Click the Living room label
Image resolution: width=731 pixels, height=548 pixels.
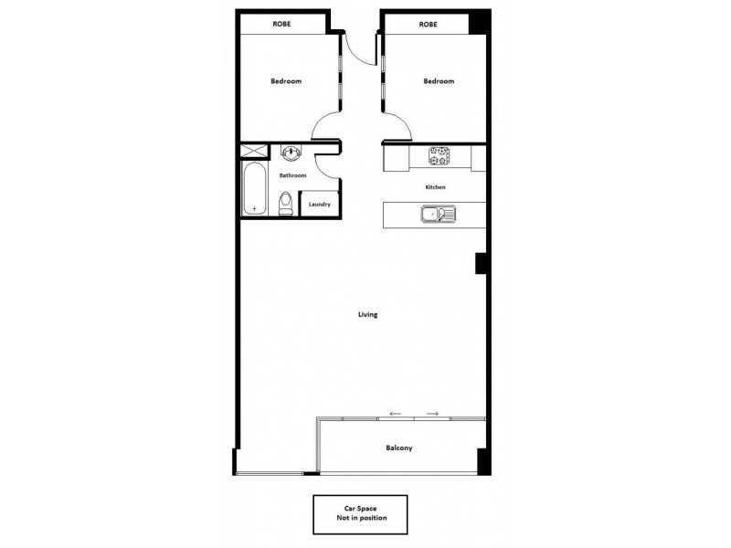tap(368, 314)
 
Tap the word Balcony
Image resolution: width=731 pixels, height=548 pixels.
tap(398, 448)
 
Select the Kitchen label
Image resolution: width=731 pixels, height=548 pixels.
tap(435, 187)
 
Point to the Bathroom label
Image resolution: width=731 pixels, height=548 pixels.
tap(292, 174)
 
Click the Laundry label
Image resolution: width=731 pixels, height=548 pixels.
tap(320, 205)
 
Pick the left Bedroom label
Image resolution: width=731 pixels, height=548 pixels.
tap(286, 81)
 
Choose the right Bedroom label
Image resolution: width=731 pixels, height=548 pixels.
tap(439, 81)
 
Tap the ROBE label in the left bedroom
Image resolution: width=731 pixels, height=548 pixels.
tap(281, 24)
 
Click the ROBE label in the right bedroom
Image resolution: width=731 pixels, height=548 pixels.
tap(428, 24)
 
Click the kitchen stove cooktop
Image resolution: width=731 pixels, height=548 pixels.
tap(440, 158)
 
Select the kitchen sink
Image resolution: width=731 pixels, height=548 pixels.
tap(436, 216)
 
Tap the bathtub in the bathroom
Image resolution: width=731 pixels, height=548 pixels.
tap(253, 190)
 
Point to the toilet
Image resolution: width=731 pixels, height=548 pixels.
tap(285, 203)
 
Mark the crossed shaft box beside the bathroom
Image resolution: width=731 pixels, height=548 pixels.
tap(250, 152)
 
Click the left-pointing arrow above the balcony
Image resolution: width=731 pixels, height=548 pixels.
tap(396, 414)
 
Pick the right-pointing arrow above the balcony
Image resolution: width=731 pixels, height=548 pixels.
tap(432, 414)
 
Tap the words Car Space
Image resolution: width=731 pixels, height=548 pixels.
tap(360, 508)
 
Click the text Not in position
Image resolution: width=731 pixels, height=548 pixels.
tap(360, 518)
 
